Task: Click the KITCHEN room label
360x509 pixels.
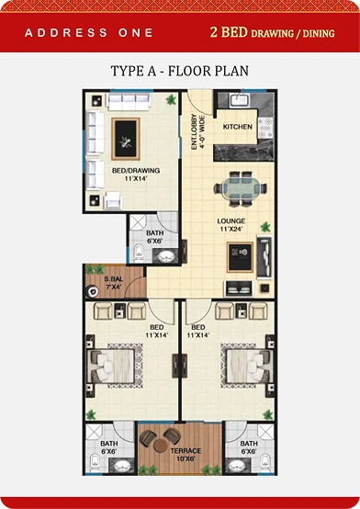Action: (237, 127)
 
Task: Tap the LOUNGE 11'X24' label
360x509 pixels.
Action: (231, 224)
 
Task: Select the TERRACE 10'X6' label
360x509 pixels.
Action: (186, 455)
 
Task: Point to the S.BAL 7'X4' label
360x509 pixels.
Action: (114, 283)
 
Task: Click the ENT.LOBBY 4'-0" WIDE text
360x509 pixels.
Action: (197, 131)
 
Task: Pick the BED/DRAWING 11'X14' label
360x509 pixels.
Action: (136, 174)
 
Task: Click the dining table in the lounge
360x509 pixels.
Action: (241, 188)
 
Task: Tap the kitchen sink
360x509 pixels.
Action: (240, 99)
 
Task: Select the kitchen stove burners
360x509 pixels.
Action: (265, 128)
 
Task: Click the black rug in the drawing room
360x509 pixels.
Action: (126, 139)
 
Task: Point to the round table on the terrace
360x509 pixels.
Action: (160, 445)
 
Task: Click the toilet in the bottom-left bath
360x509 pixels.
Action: (95, 462)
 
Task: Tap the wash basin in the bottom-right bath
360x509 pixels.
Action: (236, 466)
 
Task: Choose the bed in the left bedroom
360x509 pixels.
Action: (111, 367)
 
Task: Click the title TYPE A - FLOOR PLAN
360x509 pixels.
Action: (179, 71)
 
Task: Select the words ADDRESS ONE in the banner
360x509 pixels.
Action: (88, 33)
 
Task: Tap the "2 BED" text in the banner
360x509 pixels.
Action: (229, 32)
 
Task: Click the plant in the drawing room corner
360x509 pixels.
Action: (171, 99)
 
